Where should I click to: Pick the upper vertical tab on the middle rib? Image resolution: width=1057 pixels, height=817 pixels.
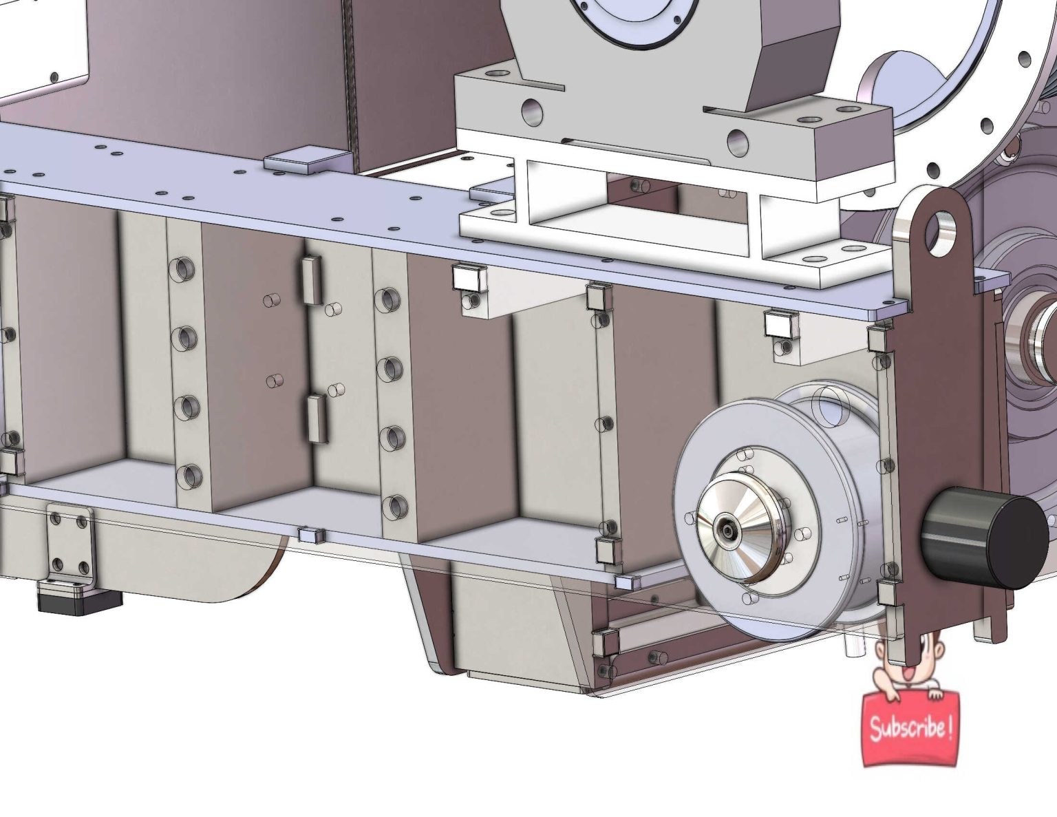pyautogui.click(x=311, y=280)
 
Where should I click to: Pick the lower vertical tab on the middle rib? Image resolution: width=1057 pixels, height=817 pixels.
pyautogui.click(x=317, y=418)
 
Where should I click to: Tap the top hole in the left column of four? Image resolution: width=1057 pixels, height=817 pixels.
pyautogui.click(x=182, y=269)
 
